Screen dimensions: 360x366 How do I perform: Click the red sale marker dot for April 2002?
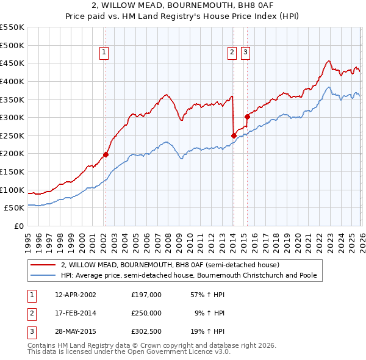click(x=106, y=154)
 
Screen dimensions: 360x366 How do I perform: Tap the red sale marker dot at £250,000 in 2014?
click(x=234, y=135)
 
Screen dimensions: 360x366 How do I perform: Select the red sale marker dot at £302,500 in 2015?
click(x=247, y=117)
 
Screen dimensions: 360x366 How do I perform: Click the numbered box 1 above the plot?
click(x=105, y=53)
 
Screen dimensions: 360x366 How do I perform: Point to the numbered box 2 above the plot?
click(x=232, y=53)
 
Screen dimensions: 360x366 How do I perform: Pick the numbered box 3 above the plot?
click(x=246, y=53)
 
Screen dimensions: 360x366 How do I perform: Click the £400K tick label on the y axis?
click(x=12, y=81)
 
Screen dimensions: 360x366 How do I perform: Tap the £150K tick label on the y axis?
click(x=12, y=171)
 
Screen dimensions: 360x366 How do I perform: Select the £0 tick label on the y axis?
click(x=18, y=226)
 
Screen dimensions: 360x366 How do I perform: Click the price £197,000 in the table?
click(x=146, y=294)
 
